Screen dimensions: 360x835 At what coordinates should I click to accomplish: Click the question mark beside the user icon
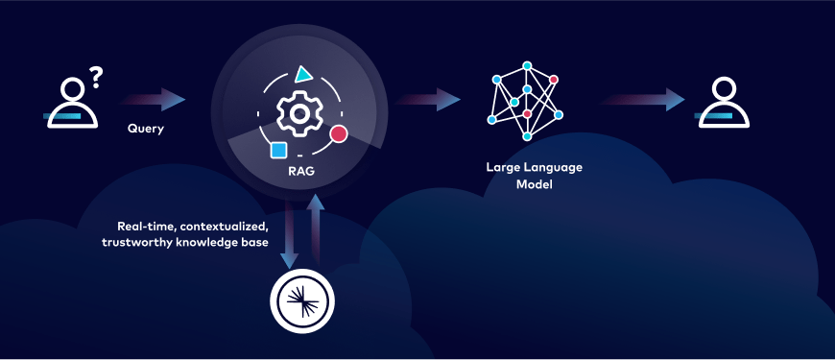pyautogui.click(x=95, y=76)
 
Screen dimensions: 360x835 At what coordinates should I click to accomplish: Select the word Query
pyautogui.click(x=146, y=128)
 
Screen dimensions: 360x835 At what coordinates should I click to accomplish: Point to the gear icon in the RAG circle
pyautogui.click(x=298, y=112)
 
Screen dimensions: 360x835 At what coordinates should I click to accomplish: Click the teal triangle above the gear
pyautogui.click(x=303, y=73)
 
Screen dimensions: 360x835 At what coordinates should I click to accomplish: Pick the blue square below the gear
pyautogui.click(x=278, y=150)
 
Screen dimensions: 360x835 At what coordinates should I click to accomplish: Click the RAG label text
pyautogui.click(x=300, y=173)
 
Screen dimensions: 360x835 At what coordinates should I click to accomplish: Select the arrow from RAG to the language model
pyautogui.click(x=428, y=99)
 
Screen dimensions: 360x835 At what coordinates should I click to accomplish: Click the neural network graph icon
pyautogui.click(x=524, y=98)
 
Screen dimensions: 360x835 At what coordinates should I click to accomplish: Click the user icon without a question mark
pyautogui.click(x=721, y=103)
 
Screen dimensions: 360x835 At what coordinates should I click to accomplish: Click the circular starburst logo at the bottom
pyautogui.click(x=303, y=300)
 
